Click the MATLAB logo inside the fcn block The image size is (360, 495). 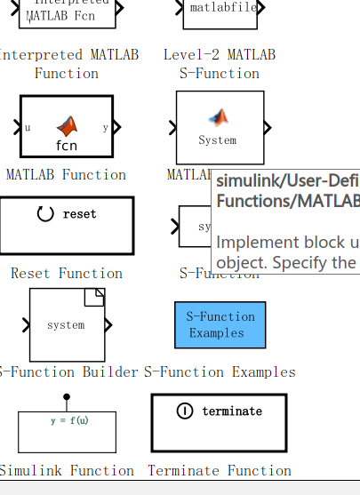[x=68, y=126]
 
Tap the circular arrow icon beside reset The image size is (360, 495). [x=45, y=214]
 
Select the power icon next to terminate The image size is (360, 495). [x=185, y=411]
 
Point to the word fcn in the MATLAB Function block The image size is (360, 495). [x=67, y=145]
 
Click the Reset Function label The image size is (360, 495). [x=67, y=274]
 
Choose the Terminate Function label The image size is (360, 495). [x=220, y=471]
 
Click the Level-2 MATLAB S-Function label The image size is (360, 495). [x=220, y=64]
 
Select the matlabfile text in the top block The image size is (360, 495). [x=220, y=8]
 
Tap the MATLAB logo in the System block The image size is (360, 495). [x=219, y=116]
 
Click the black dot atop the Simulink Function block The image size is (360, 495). [x=67, y=396]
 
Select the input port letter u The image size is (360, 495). [x=28, y=127]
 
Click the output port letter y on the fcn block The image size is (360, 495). [x=105, y=127]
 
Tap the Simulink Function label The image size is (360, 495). [x=67, y=471]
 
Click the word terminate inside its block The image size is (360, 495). [x=232, y=411]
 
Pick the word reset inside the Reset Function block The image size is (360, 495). [x=80, y=214]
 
